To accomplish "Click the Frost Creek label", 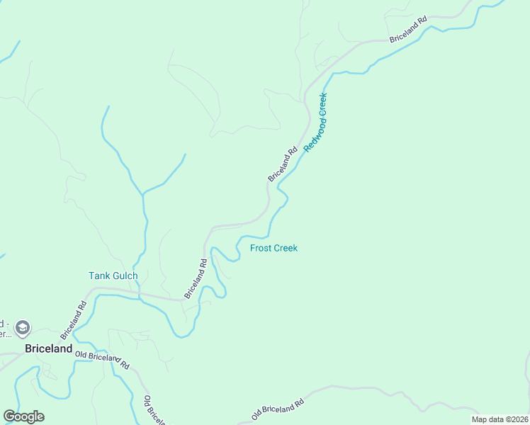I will pos(274,248).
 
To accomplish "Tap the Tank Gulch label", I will pos(113,276).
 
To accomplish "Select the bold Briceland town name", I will pos(49,348).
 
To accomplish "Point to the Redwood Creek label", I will pos(316,122).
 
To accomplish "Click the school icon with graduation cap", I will pos(23,327).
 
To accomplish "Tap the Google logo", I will pos(23,416).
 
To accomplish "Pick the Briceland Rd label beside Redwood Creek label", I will pos(283,164).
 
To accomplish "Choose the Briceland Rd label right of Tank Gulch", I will pos(196,278).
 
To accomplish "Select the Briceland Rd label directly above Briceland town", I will pos(73,319).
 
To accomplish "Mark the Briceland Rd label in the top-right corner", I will pos(409,29).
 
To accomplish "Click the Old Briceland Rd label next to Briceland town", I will pos(103,358).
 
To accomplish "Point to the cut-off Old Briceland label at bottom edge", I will pos(154,411).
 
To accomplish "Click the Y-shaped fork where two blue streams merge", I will pos(143,193).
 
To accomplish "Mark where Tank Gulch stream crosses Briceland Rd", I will pos(140,294).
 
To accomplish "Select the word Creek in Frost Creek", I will pos(285,248).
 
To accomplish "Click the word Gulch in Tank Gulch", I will pos(125,276).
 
